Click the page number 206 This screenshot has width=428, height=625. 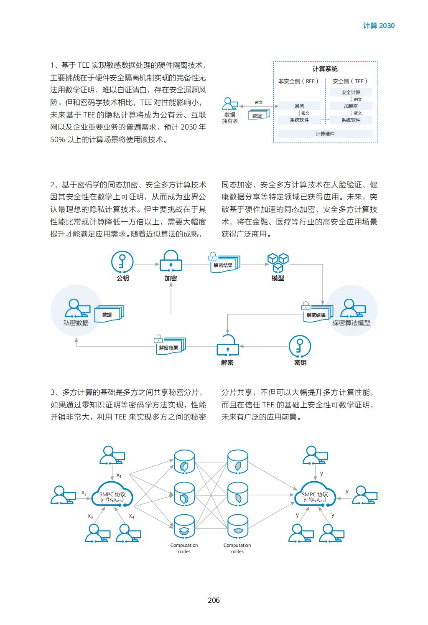[214, 600]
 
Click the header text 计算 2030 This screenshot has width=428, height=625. [379, 25]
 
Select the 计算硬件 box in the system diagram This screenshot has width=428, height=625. [325, 134]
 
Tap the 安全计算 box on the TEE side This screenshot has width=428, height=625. [351, 92]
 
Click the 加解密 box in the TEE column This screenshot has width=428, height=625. [351, 106]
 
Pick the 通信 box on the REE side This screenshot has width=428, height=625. [300, 106]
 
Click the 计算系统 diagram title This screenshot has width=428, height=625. [325, 69]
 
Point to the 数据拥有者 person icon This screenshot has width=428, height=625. [230, 104]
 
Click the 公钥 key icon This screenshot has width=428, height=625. [122, 262]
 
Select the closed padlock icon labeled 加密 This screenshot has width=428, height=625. [171, 261]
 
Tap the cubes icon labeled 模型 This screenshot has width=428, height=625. [278, 262]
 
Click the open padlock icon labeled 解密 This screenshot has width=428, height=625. [228, 346]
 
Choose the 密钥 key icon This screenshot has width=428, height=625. [300, 346]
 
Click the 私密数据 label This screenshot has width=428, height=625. [76, 323]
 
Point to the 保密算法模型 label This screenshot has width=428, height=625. [351, 323]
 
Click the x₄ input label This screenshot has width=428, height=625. [132, 516]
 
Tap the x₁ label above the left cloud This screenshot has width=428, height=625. [119, 475]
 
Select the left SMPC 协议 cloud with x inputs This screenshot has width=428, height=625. [112, 494]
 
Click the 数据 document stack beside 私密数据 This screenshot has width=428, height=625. [109, 314]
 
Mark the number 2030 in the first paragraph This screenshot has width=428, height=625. [189, 127]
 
